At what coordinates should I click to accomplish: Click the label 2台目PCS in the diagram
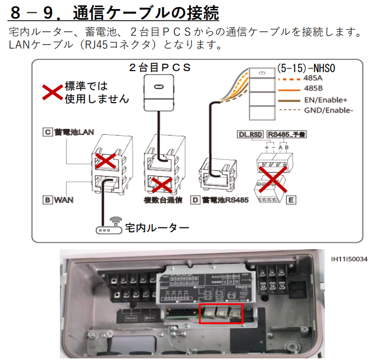coord(159,68)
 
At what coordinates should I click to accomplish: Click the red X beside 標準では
coord(52,91)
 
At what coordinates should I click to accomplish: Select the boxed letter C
coord(48,131)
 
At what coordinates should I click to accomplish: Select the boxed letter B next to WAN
coord(48,200)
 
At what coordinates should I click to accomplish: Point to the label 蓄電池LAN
coord(73,131)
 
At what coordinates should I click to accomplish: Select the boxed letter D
coord(195,200)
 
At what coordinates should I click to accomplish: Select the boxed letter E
coord(291,200)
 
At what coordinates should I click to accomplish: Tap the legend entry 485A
coord(313,78)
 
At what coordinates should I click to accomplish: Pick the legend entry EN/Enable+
coord(325,99)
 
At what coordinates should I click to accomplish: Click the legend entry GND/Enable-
coord(327,111)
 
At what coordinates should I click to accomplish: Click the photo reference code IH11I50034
coord(349,259)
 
